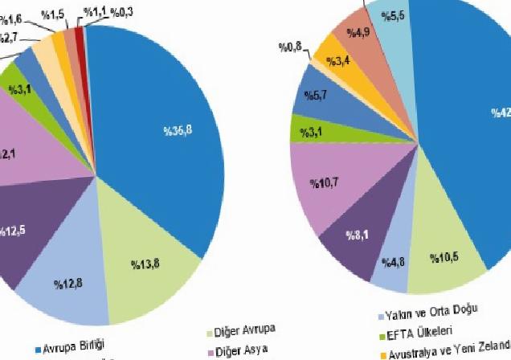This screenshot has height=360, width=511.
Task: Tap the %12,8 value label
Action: (69, 283)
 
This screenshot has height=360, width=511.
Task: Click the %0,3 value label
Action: (123, 10)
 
